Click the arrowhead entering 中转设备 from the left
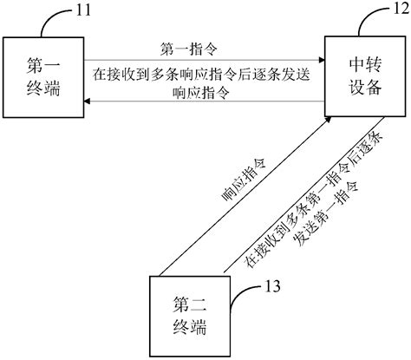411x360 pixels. [321, 60]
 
